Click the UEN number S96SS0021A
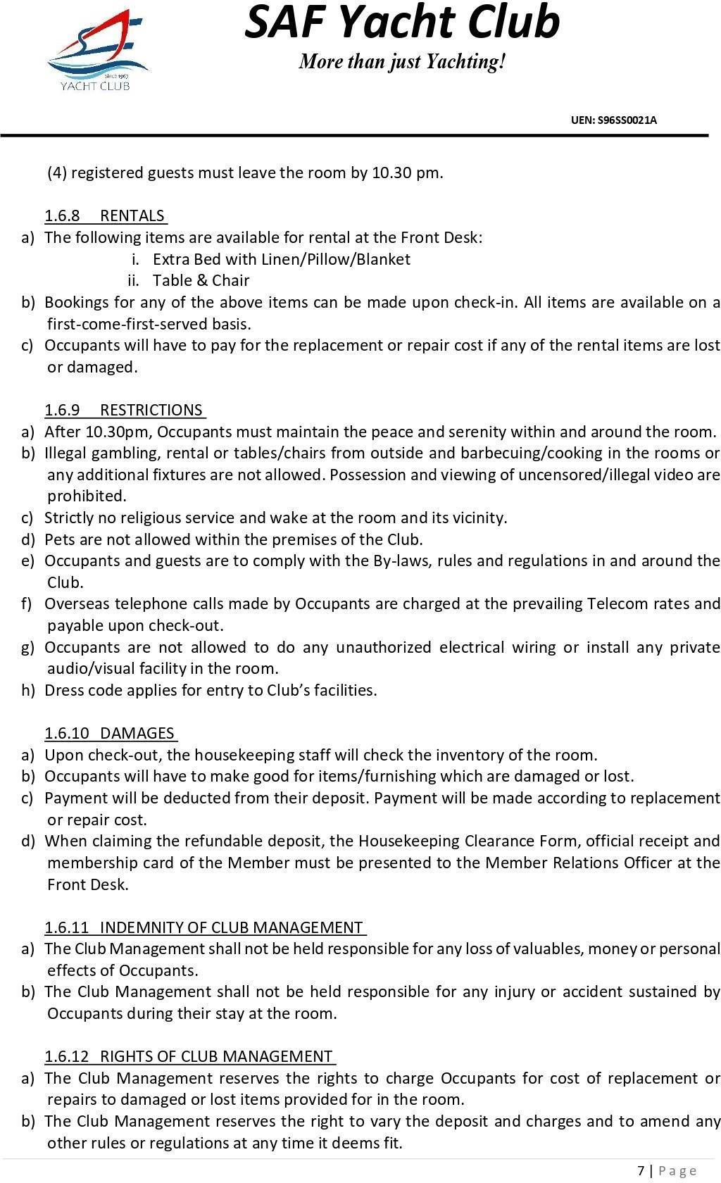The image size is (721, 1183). (x=613, y=120)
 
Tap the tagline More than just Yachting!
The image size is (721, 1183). (x=402, y=62)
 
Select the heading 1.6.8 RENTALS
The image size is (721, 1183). (x=106, y=215)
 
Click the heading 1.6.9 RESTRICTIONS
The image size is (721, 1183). (x=125, y=410)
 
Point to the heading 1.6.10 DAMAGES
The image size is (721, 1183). (x=110, y=733)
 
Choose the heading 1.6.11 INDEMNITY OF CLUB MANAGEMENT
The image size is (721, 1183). (x=204, y=927)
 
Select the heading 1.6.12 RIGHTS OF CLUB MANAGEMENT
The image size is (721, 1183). (x=189, y=1056)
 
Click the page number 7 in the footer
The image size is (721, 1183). (x=641, y=1170)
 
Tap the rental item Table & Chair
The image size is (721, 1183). (x=201, y=280)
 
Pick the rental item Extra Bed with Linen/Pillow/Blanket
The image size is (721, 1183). (x=281, y=259)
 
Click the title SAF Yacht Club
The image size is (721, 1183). (x=402, y=23)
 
